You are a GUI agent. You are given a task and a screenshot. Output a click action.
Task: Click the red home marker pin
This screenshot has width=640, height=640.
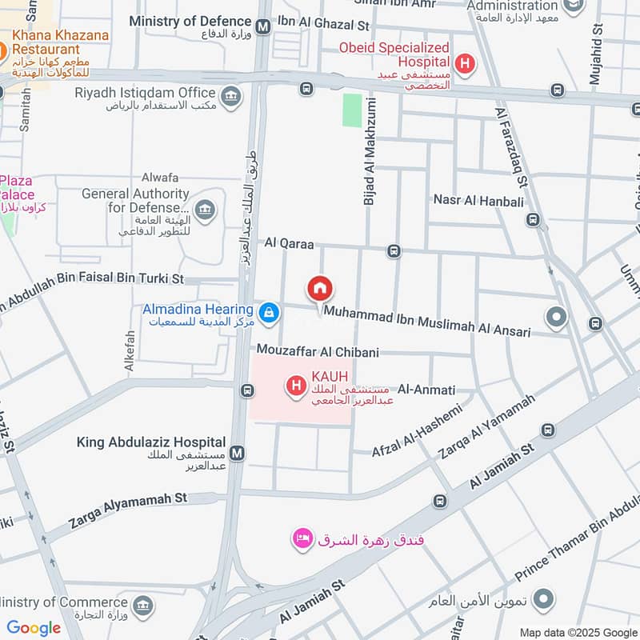click(x=320, y=289)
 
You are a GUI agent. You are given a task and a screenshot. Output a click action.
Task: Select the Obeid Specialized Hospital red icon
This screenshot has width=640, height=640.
click(x=462, y=62)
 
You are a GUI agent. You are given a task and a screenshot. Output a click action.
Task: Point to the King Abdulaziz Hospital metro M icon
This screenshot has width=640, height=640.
click(x=237, y=454)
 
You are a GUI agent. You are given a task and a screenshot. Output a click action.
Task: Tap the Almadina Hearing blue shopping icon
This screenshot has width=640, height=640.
click(x=269, y=313)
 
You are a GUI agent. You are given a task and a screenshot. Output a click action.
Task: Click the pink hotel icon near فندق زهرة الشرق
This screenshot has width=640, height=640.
click(x=302, y=539)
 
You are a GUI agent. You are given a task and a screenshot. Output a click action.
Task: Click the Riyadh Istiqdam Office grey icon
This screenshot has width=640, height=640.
click(x=230, y=98)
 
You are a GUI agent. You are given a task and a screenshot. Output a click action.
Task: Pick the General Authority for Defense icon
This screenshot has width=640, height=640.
click(x=205, y=211)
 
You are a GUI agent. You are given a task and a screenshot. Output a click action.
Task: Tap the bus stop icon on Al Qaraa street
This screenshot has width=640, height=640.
click(x=394, y=252)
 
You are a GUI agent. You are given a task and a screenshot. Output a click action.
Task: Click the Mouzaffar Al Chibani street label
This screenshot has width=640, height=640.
click(x=318, y=351)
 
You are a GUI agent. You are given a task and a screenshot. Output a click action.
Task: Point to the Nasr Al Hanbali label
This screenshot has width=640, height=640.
click(x=478, y=200)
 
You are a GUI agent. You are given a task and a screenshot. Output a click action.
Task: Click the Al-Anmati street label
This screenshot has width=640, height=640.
click(x=426, y=390)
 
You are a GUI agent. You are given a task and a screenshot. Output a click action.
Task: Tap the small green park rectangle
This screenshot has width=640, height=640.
click(x=352, y=110)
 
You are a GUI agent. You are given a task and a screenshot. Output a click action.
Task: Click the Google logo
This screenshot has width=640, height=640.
click(x=34, y=628)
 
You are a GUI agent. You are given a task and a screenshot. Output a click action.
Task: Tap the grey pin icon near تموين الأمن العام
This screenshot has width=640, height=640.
click(x=543, y=598)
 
